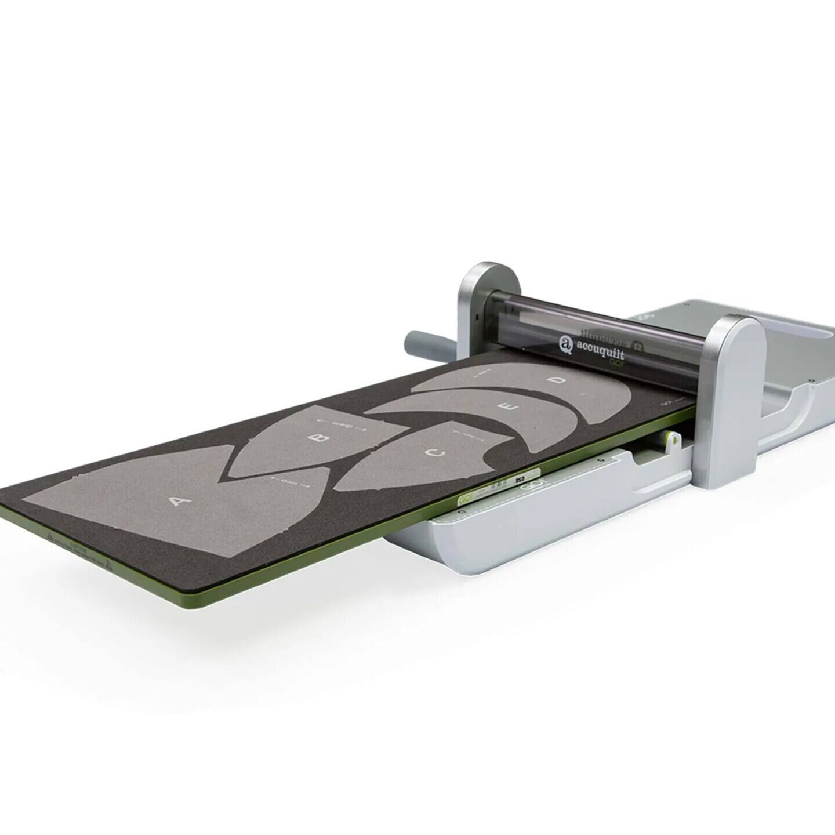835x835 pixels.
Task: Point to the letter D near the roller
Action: tap(557, 380)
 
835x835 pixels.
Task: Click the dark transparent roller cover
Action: tap(609, 325)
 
